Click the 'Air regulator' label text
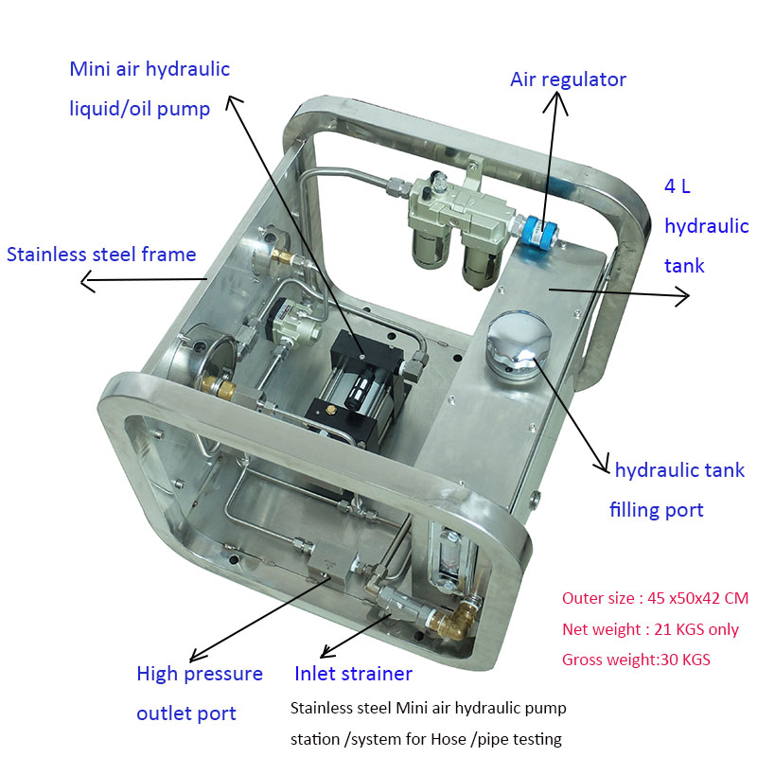coord(568,79)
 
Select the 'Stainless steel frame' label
coord(101,255)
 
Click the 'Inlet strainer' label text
coord(353,674)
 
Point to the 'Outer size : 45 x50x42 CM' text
coord(654,598)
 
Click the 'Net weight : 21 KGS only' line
coord(650,629)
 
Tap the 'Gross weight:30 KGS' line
coord(637,660)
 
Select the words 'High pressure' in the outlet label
coord(200,674)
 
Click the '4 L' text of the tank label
coord(678,186)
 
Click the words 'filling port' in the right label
coord(656,510)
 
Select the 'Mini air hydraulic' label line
coord(150,69)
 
